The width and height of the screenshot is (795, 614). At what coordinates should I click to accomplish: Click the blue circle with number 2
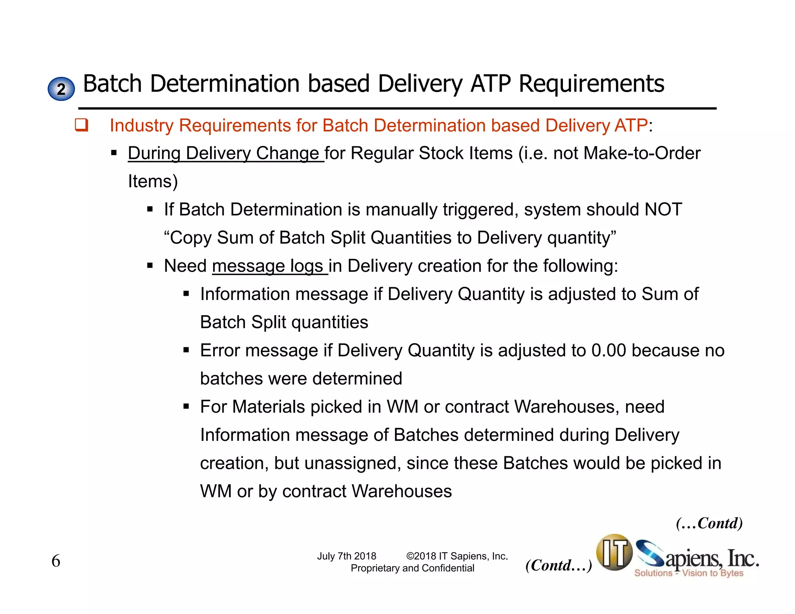pos(61,89)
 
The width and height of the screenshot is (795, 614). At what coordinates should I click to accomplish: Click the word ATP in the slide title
pos(491,83)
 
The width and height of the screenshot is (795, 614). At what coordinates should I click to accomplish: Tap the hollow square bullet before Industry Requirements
pos(82,125)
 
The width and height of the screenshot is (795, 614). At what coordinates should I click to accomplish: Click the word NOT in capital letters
pos(663,210)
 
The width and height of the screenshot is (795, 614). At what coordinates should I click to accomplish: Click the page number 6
pos(56,561)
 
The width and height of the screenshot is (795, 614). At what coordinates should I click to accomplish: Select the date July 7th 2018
pos(346,556)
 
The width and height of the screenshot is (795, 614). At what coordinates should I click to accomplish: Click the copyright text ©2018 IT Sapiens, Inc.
pos(457,556)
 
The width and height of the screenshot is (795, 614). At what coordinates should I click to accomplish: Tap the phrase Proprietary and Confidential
pos(412,568)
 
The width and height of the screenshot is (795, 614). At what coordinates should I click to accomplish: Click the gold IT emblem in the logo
pos(614,552)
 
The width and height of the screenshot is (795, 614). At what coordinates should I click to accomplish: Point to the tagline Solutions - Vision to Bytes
pos(689,573)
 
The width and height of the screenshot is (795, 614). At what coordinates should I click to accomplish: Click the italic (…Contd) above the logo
pos(709,523)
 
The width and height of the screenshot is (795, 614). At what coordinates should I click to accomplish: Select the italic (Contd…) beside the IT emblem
pos(558,565)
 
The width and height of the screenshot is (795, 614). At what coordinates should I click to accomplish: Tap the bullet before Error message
pos(186,350)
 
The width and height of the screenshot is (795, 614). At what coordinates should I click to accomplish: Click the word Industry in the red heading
pos(141,125)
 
